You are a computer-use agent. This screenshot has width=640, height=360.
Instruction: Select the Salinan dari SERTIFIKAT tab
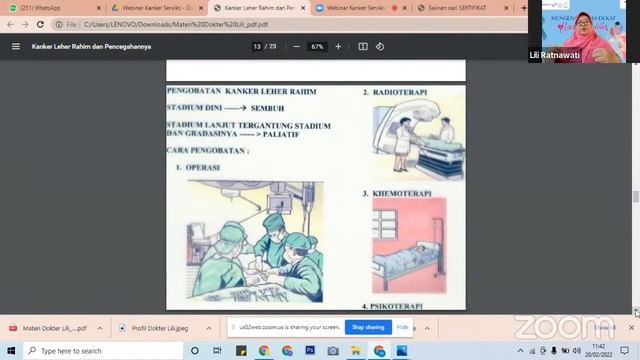[460, 8]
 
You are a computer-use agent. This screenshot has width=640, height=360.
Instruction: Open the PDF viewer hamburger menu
[15, 46]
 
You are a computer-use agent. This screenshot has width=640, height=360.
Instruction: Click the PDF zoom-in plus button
[338, 46]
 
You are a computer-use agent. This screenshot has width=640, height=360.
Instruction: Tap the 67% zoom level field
[317, 46]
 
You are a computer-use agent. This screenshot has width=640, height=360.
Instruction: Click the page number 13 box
[258, 46]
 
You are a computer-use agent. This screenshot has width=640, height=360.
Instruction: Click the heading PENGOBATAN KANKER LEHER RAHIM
[241, 91]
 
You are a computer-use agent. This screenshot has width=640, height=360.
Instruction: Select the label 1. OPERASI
[198, 167]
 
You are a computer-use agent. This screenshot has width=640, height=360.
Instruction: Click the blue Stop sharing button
[367, 327]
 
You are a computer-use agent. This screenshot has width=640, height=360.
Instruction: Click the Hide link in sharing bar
[402, 327]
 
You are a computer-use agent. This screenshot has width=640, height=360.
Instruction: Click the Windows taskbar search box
[100, 351]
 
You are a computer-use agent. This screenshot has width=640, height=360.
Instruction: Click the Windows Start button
[10, 351]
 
